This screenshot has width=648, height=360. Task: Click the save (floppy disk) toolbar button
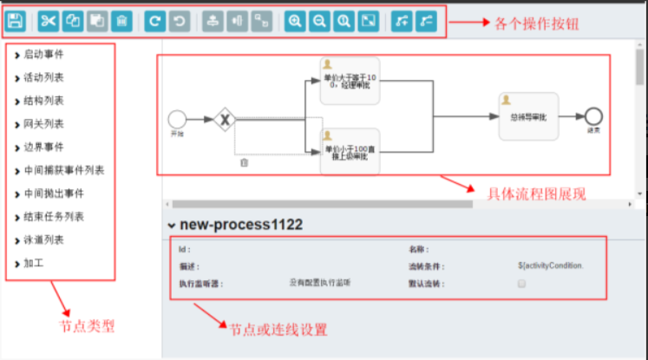click(16, 20)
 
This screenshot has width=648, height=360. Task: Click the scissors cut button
click(49, 20)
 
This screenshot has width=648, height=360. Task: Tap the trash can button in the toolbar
click(121, 20)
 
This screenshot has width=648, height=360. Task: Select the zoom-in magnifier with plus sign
click(295, 20)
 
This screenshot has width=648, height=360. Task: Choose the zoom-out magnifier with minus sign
click(319, 20)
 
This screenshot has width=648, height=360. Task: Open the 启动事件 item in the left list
click(43, 55)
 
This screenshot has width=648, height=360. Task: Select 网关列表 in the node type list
click(43, 124)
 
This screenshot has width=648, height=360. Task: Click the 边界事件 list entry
click(43, 147)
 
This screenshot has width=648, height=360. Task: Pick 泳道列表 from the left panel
click(43, 239)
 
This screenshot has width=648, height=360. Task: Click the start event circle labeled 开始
click(177, 119)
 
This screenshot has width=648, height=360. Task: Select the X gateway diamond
click(226, 119)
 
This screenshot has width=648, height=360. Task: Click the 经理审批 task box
click(350, 81)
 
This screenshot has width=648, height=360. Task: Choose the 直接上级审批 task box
click(350, 150)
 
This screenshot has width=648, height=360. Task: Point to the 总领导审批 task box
click(528, 115)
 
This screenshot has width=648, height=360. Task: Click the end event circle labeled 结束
click(594, 115)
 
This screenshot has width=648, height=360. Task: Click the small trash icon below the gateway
click(245, 162)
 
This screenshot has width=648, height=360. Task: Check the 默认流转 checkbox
click(522, 284)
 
